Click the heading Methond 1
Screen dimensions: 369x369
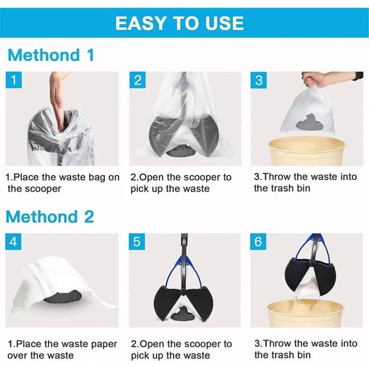(51, 55)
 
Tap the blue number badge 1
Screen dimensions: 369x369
(14, 80)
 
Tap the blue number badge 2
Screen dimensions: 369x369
(138, 80)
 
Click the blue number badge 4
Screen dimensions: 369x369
(14, 242)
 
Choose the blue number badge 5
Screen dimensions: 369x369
(138, 242)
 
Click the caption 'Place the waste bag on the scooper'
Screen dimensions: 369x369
(62, 183)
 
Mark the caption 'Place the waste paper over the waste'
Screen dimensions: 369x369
(62, 350)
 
